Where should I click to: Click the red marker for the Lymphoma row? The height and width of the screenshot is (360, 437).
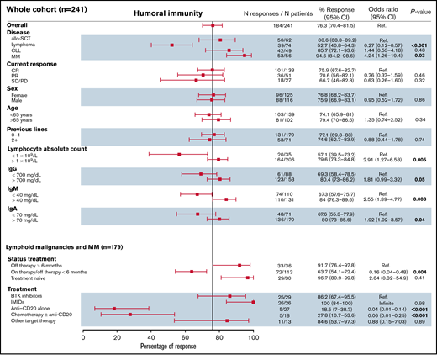pyautogui.click(x=172, y=45)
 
